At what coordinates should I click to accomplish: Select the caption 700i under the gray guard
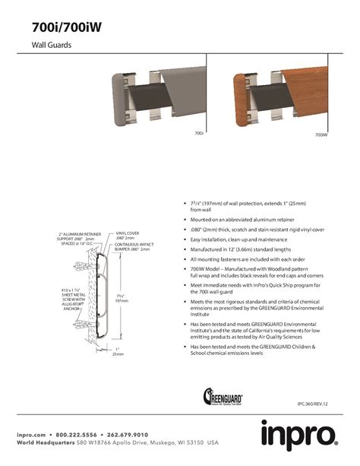[x=199, y=134]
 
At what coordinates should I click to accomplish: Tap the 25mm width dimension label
[x=117, y=352]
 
